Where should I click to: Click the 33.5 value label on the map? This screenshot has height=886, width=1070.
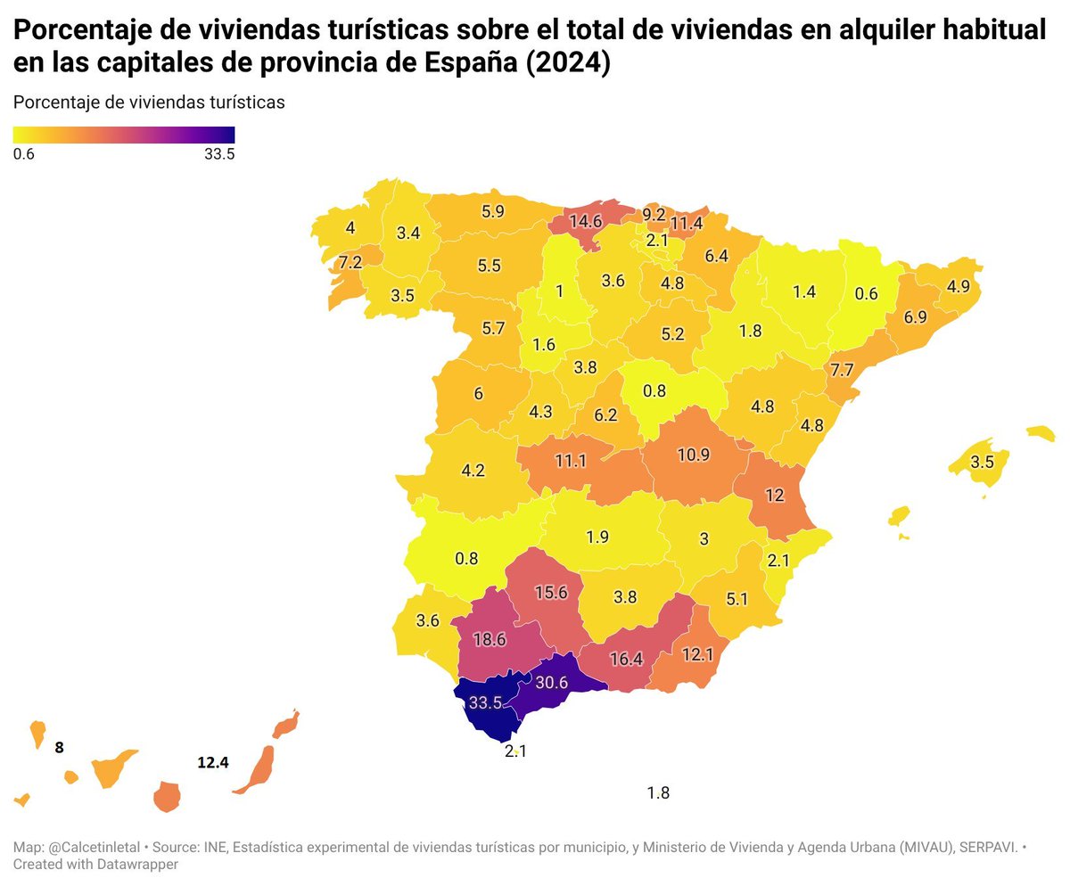(x=485, y=702)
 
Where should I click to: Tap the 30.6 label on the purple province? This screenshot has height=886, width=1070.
(x=551, y=682)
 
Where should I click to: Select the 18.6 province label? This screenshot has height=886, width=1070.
(x=490, y=639)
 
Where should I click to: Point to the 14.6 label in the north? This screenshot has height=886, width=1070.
(x=586, y=221)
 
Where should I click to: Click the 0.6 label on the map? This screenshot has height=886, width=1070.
(x=866, y=293)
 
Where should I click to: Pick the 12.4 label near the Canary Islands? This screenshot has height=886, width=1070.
(x=213, y=762)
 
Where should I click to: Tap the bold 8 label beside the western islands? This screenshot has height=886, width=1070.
(x=60, y=748)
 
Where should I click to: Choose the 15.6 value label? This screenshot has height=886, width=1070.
(x=551, y=593)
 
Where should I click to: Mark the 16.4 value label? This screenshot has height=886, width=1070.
(x=626, y=659)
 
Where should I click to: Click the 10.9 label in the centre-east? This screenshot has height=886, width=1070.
(x=694, y=455)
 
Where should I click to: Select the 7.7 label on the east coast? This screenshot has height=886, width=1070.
(x=842, y=370)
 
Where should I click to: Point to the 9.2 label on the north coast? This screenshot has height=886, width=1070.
(x=654, y=214)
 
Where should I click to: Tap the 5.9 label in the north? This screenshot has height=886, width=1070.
(x=492, y=211)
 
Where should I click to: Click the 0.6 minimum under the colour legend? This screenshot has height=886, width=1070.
(x=23, y=153)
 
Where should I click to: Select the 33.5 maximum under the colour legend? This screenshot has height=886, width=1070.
(x=219, y=153)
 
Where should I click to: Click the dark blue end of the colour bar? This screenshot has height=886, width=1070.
(x=231, y=135)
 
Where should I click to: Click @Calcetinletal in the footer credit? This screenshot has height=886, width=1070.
(x=94, y=847)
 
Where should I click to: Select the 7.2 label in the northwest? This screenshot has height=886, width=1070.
(x=350, y=262)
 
